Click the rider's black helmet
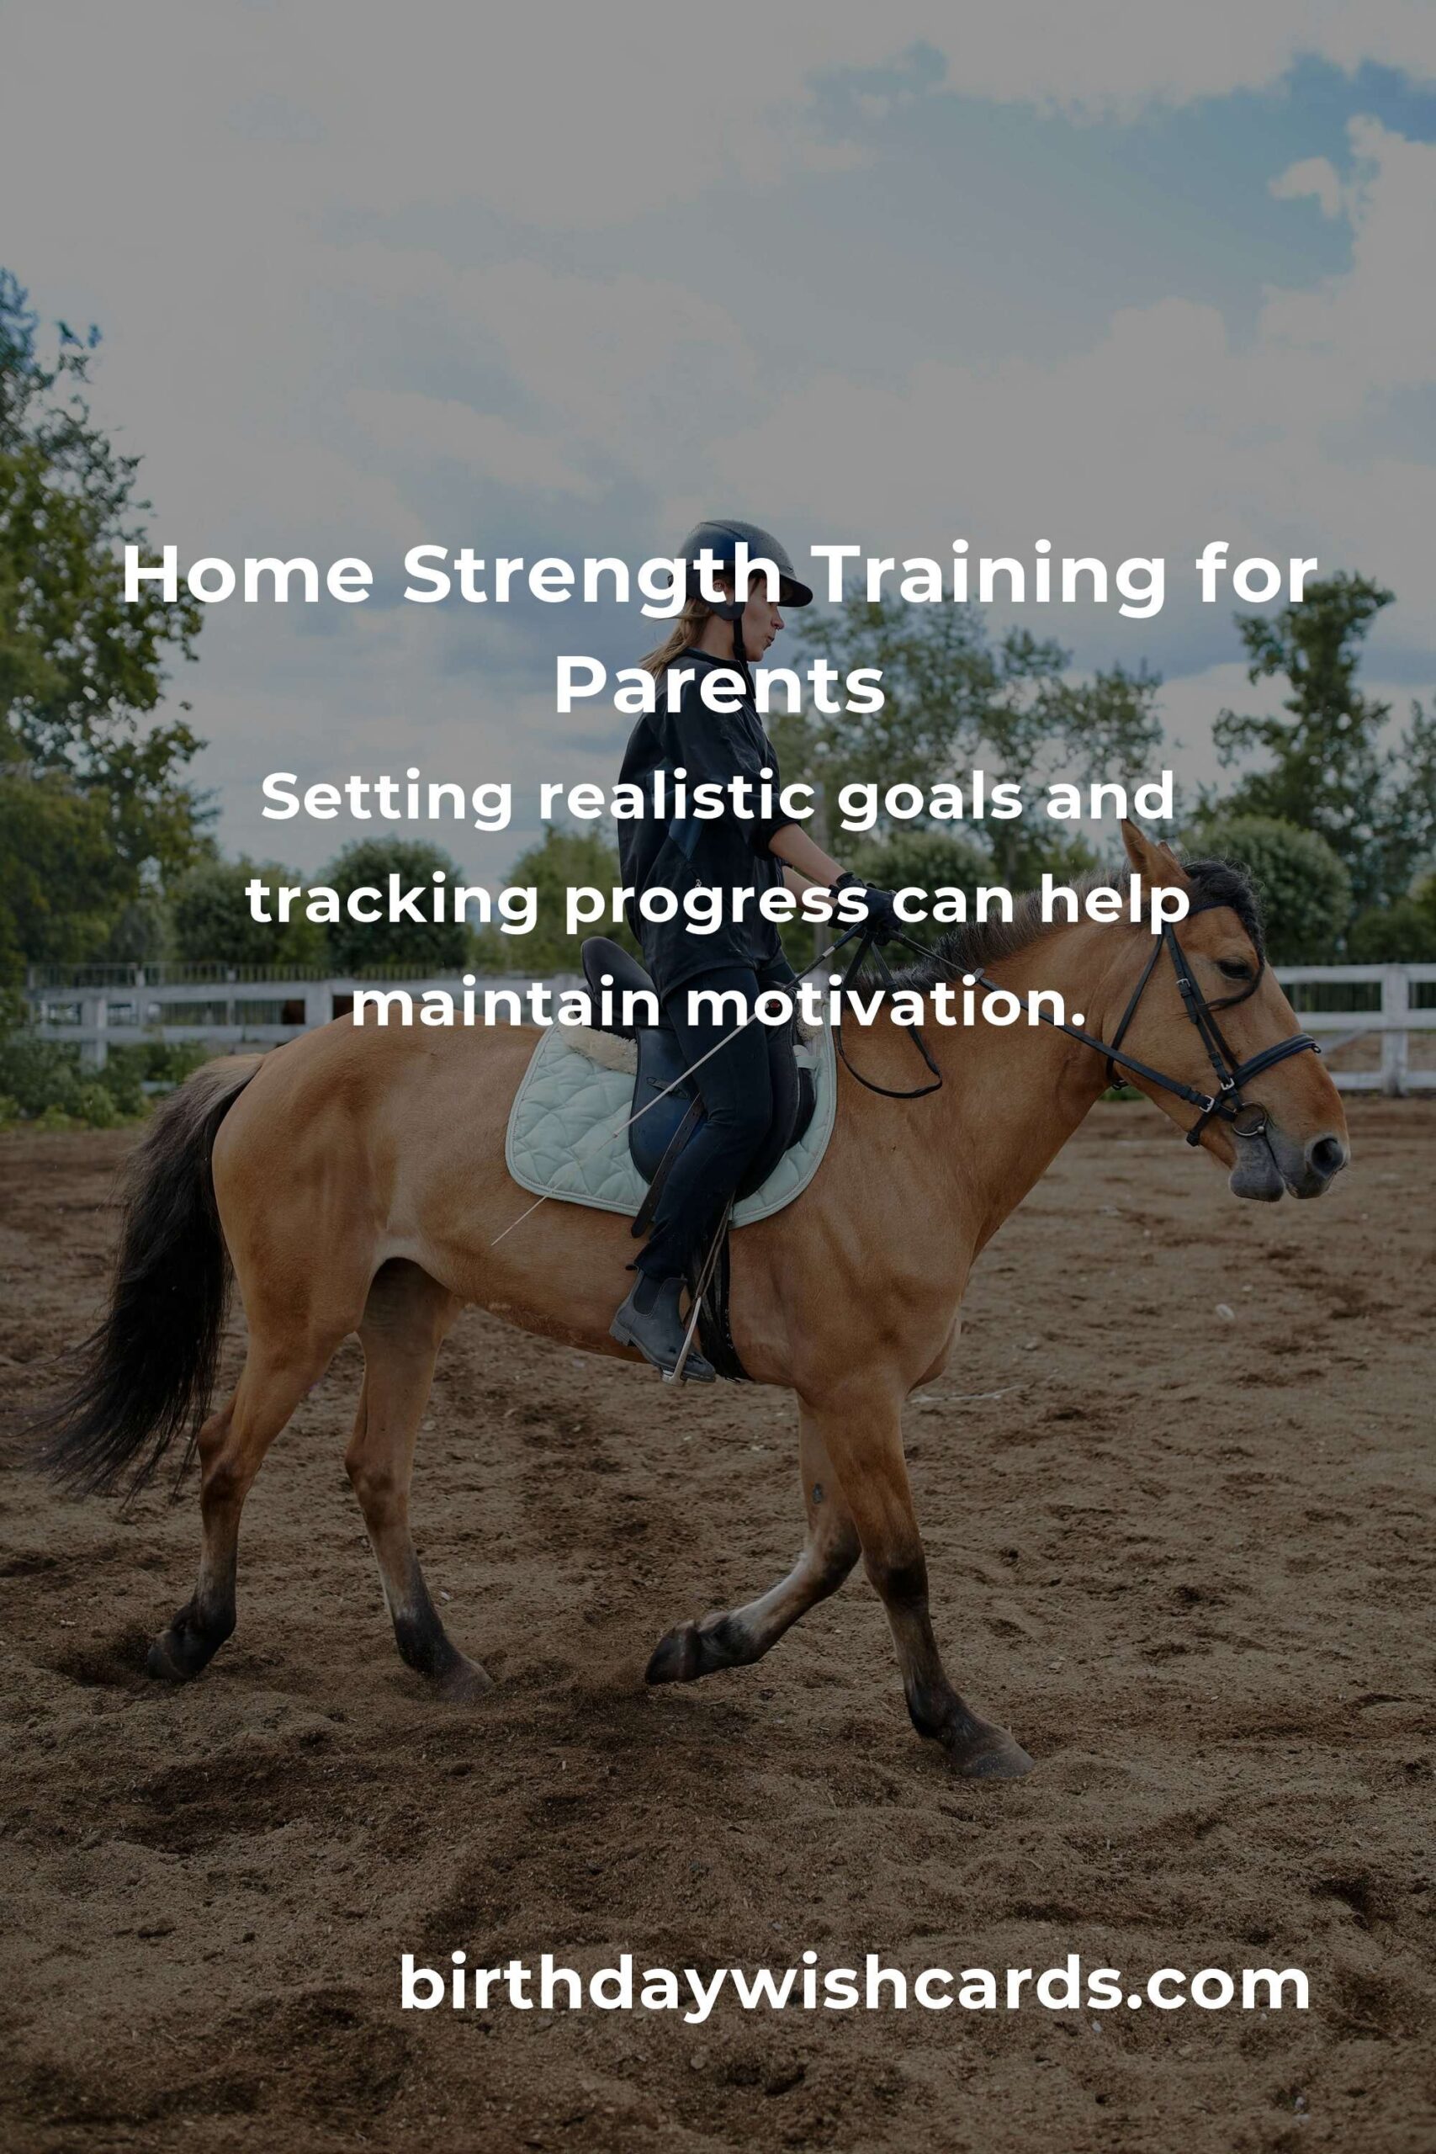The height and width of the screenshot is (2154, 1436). click(x=743, y=564)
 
